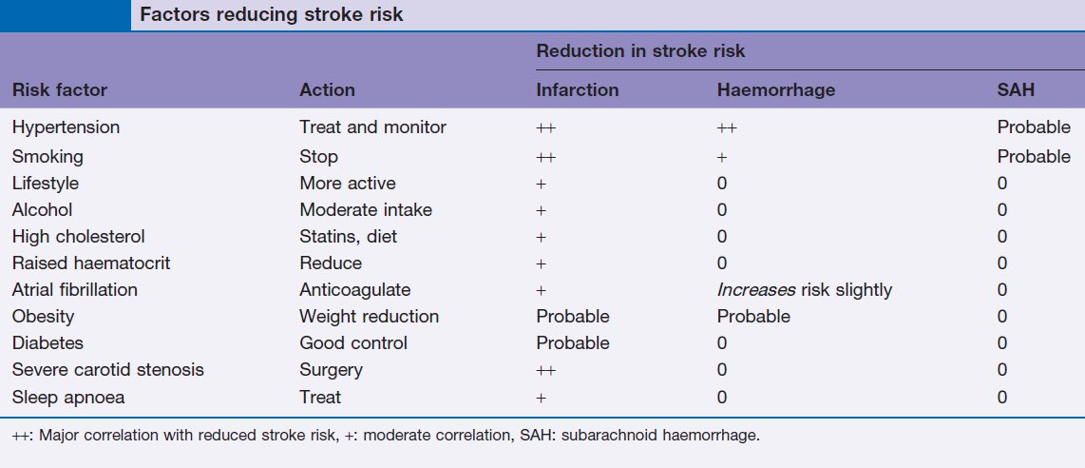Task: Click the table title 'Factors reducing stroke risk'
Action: pyautogui.click(x=272, y=14)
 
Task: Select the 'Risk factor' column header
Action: pyautogui.click(x=60, y=90)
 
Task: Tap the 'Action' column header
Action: pyautogui.click(x=327, y=90)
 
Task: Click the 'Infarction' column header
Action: pyautogui.click(x=577, y=90)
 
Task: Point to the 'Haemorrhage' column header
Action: pyautogui.click(x=775, y=90)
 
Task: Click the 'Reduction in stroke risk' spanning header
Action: pyautogui.click(x=640, y=51)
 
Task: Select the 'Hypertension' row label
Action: pyautogui.click(x=66, y=127)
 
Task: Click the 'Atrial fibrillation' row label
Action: pyautogui.click(x=75, y=289)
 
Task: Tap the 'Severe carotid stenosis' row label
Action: pyautogui.click(x=108, y=370)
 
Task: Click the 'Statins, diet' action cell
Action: pyautogui.click(x=348, y=237)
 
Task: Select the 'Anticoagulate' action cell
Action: pyautogui.click(x=355, y=289)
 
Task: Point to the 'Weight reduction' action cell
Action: pyautogui.click(x=369, y=317)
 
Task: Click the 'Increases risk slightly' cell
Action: pyautogui.click(x=804, y=289)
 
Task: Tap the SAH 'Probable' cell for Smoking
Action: pyautogui.click(x=1034, y=156)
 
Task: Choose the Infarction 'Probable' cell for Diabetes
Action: pyautogui.click(x=573, y=343)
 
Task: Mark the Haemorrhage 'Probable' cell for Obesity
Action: pyautogui.click(x=753, y=317)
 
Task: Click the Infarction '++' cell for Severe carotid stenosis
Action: pyautogui.click(x=546, y=370)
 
